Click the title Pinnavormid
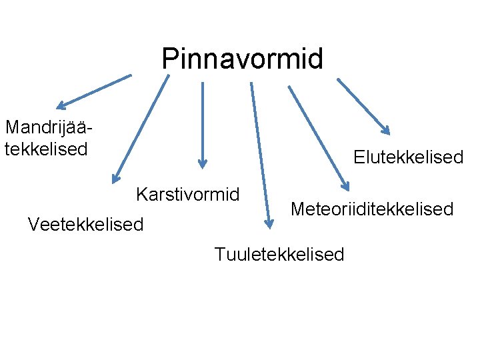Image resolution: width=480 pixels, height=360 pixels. click(242, 59)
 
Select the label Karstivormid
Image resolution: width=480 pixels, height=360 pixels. click(187, 195)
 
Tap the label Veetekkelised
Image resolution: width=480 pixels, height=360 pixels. click(85, 225)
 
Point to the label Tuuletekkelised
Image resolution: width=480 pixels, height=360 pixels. click(279, 254)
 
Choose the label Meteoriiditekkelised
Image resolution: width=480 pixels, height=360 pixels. click(372, 209)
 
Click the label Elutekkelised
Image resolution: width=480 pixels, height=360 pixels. click(408, 157)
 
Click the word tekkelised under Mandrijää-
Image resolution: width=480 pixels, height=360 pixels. click(46, 149)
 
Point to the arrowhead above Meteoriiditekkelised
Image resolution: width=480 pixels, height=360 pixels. click(344, 187)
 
